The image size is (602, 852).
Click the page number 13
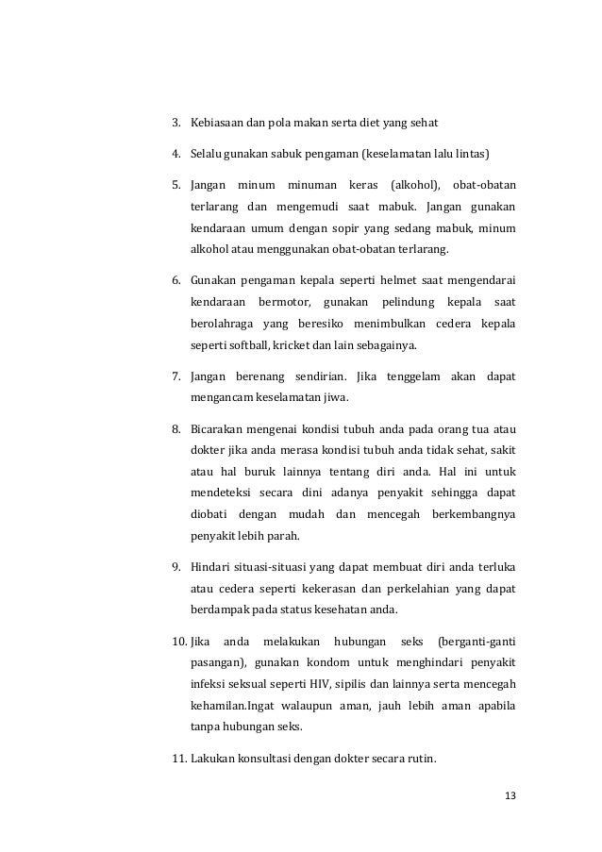coord(510,794)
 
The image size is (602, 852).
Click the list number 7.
coord(176,377)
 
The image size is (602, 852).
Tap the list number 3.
coord(176,124)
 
